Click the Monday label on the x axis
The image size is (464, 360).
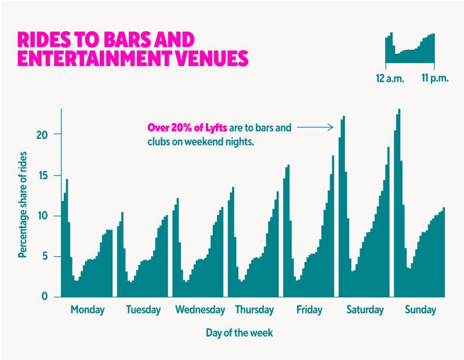[88, 310]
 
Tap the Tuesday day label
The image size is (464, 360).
[143, 310]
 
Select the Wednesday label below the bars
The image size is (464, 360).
[200, 310]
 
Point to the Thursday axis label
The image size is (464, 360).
[255, 310]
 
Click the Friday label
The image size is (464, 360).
[309, 310]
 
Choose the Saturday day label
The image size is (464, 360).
[365, 310]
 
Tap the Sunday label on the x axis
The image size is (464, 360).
[420, 310]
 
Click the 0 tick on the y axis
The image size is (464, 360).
[51, 297]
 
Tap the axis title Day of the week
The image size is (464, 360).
[239, 333]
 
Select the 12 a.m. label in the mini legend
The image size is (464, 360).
[389, 78]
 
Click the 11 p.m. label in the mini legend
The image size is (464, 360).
[434, 78]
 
